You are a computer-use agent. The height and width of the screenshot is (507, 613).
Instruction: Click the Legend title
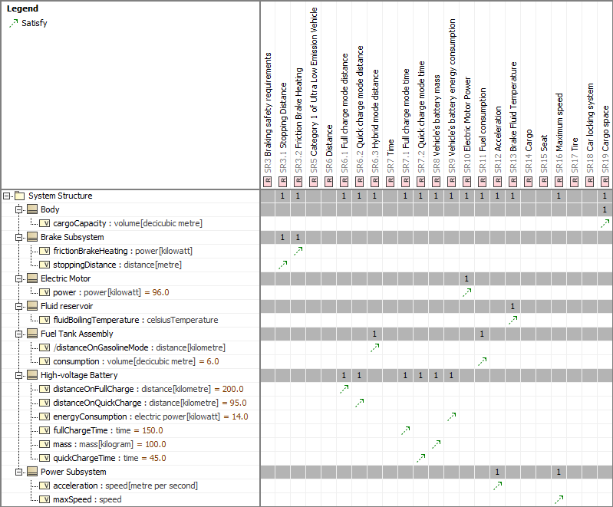point(22,9)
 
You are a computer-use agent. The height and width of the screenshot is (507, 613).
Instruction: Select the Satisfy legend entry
point(34,23)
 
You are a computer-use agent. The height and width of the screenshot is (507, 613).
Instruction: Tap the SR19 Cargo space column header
point(605,115)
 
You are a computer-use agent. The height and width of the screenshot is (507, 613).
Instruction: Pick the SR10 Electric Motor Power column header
point(467,115)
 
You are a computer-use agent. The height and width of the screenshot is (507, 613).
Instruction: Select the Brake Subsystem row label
point(71,237)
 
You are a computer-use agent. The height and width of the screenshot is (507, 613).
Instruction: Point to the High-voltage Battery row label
point(79,375)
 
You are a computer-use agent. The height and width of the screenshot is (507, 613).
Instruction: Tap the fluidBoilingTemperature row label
point(135,320)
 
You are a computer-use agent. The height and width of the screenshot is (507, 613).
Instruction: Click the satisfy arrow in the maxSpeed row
point(559,499)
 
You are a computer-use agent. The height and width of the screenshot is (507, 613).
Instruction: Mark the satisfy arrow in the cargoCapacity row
point(605,223)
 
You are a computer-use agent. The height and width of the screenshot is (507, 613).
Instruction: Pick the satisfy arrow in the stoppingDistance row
point(283,265)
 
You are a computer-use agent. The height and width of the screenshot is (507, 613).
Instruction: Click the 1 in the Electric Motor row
point(466,278)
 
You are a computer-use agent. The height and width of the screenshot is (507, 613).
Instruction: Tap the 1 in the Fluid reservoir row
point(512,306)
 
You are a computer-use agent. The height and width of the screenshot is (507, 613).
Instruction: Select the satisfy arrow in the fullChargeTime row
point(406,430)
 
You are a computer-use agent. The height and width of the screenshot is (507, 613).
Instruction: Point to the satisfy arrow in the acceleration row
point(498,486)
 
